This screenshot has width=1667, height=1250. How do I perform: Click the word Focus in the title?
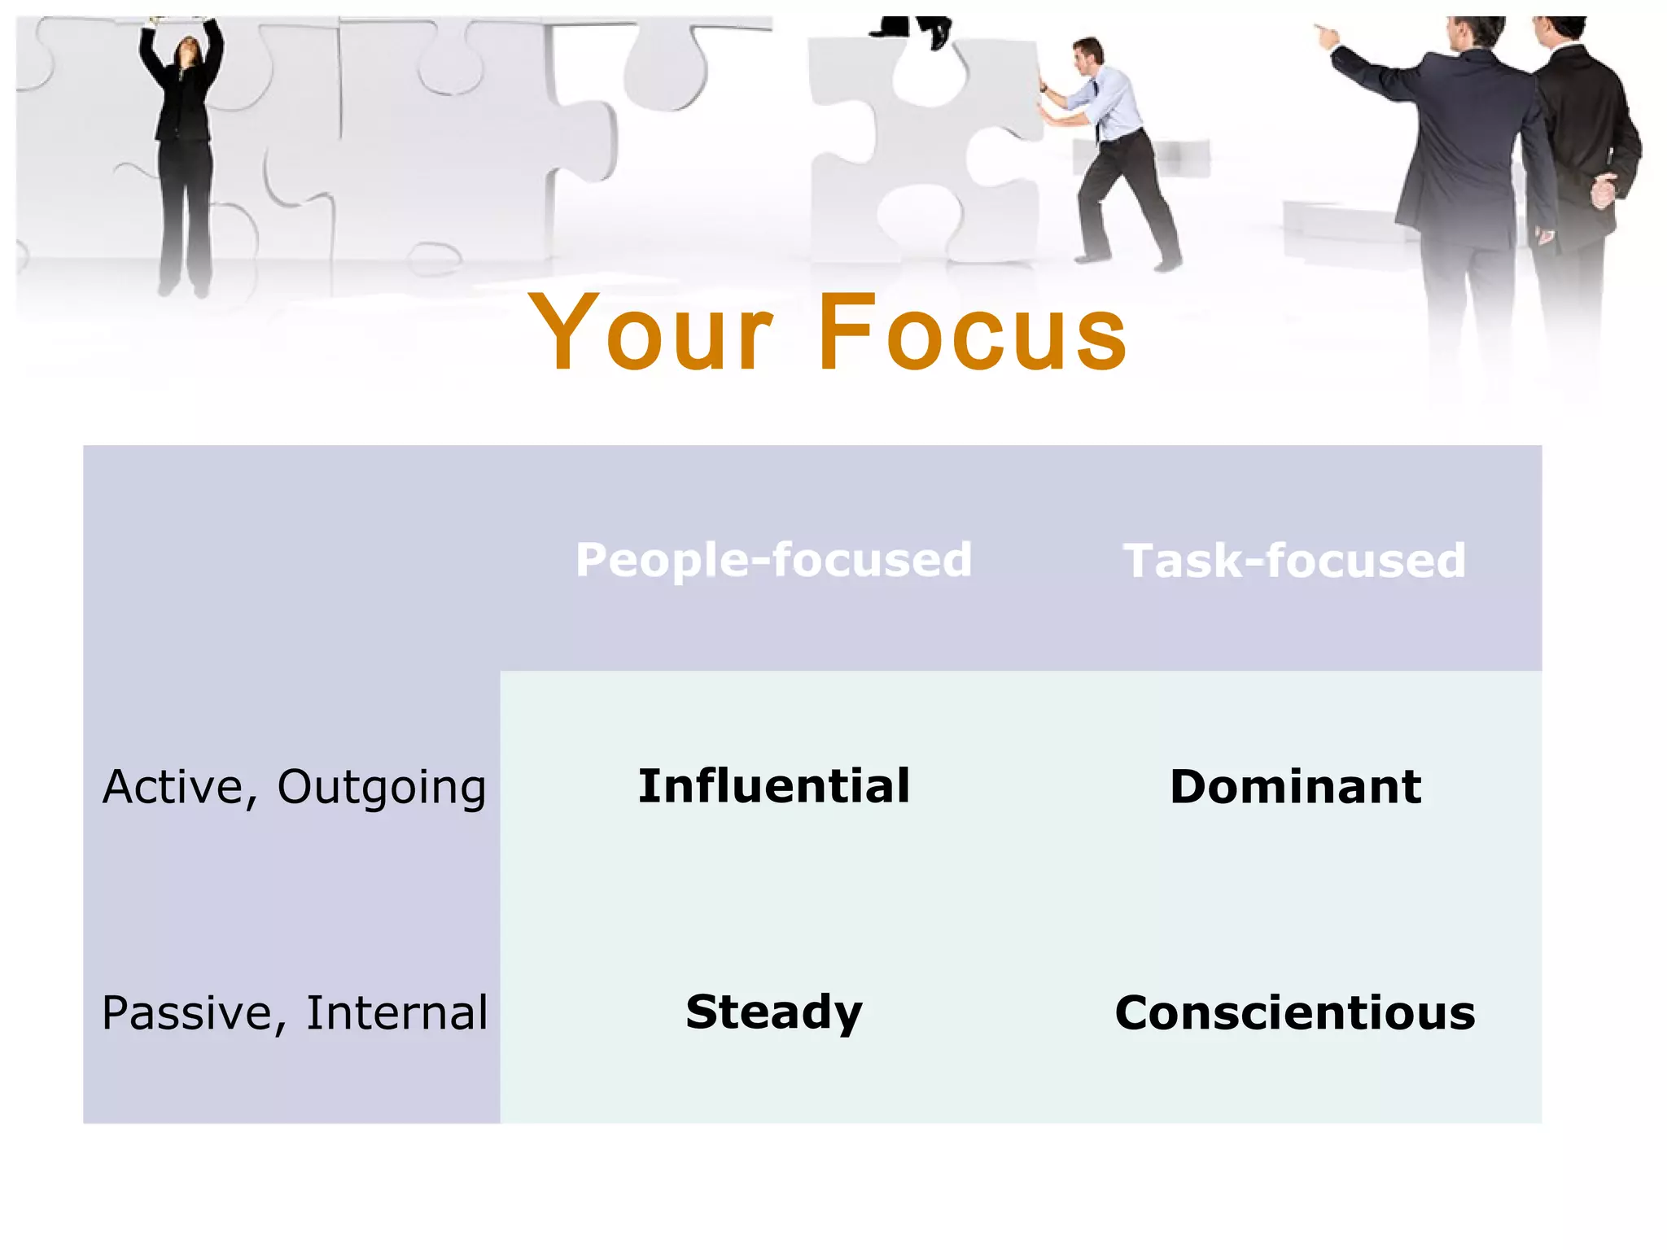pyautogui.click(x=972, y=334)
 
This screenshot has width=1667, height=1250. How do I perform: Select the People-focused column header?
pyautogui.click(x=773, y=560)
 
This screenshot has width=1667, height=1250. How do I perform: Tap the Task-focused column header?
pyautogui.click(x=1294, y=561)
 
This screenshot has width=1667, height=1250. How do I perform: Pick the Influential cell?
pyautogui.click(x=773, y=786)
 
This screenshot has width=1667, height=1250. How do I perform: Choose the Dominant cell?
pyautogui.click(x=1295, y=787)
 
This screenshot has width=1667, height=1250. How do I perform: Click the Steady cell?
pyautogui.click(x=773, y=1012)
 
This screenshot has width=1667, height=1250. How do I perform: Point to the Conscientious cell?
pyautogui.click(x=1295, y=1013)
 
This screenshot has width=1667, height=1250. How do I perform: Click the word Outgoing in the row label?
pyautogui.click(x=381, y=788)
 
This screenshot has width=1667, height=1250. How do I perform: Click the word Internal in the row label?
pyautogui.click(x=396, y=1013)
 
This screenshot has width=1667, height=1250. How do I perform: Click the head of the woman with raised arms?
pyautogui.click(x=188, y=50)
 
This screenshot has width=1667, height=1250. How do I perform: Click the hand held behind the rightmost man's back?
pyautogui.click(x=1602, y=191)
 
